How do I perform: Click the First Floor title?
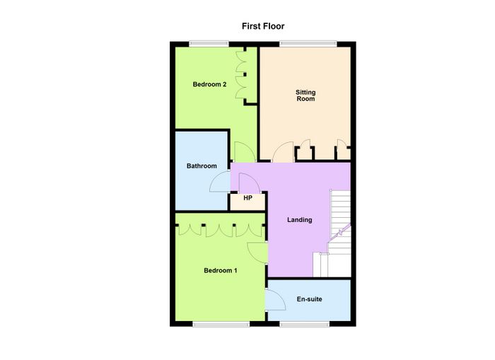point(263,26)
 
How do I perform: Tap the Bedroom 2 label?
point(209,84)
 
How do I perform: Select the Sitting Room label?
point(305,95)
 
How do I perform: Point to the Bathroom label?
point(202,166)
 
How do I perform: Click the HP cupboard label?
point(248,198)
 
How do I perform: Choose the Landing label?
point(300,220)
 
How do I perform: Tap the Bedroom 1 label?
point(221,271)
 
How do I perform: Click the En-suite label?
point(310,299)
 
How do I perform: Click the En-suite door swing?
point(275,300)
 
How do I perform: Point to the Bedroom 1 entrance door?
point(257,252)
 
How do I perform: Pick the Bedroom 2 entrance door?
point(245,152)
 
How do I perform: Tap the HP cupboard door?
point(250,182)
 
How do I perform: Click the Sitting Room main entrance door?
point(283,152)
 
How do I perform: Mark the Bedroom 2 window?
point(209,44)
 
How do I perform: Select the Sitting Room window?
point(308,44)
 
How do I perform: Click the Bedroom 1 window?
point(221,324)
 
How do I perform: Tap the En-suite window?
point(304,324)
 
